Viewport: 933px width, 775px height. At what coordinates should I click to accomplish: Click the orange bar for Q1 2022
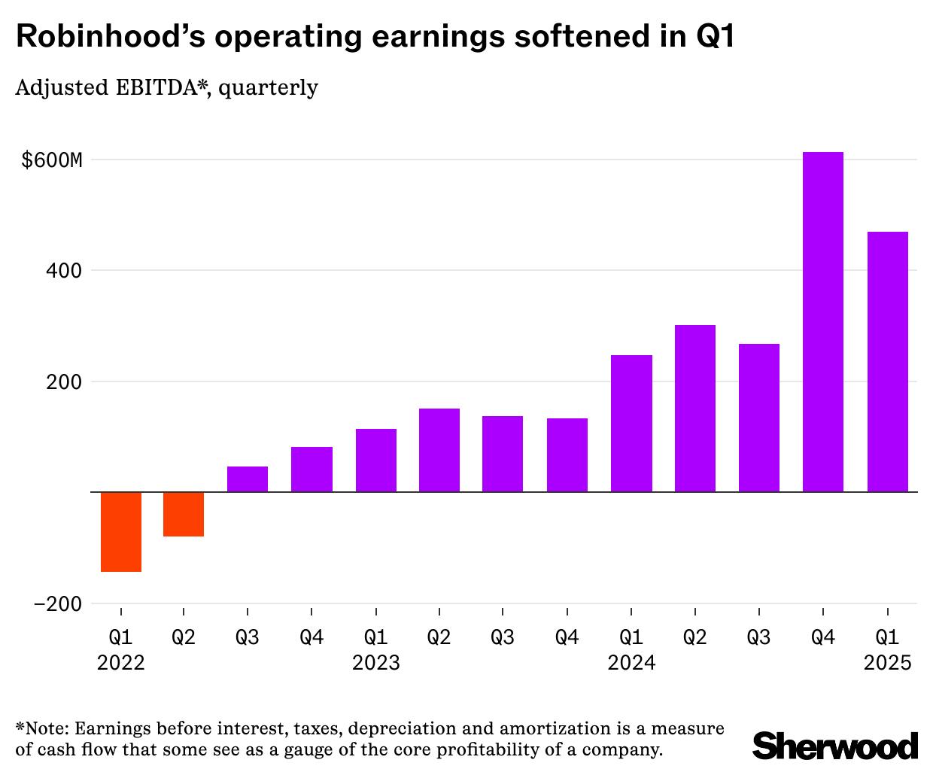tap(120, 531)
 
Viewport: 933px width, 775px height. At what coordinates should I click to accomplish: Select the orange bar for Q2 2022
tap(184, 514)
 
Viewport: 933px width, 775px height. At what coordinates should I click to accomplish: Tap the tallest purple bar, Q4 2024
tap(822, 322)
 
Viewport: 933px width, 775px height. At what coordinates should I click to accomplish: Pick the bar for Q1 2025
tap(887, 362)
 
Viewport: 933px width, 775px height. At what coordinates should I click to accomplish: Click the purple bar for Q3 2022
tap(248, 479)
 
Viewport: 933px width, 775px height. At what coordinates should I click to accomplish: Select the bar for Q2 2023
tap(439, 450)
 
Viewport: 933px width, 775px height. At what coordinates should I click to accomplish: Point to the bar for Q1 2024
tap(631, 424)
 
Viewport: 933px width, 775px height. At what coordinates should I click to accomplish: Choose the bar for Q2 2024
tap(694, 409)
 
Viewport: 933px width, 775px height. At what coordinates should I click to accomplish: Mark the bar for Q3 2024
tap(758, 418)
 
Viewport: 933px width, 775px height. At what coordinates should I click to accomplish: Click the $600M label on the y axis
tap(51, 160)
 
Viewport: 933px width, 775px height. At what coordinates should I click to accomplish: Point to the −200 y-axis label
tap(57, 603)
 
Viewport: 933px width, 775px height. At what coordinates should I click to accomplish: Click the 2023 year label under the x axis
tap(376, 663)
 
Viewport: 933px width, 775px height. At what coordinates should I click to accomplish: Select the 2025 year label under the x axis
tap(887, 663)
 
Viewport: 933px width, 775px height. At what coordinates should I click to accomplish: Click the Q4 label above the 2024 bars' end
tap(822, 638)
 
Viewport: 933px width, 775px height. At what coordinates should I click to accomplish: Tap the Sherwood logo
tap(835, 746)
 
